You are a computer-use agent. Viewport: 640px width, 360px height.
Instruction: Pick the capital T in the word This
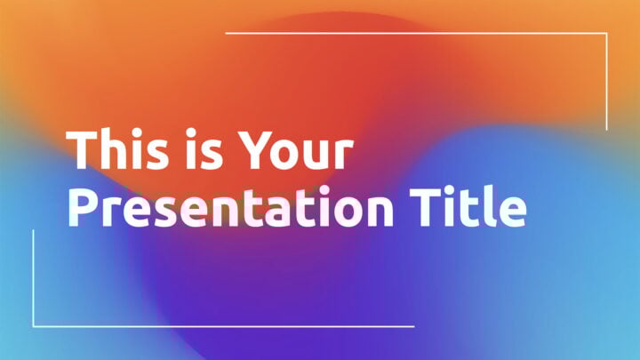pyautogui.click(x=84, y=151)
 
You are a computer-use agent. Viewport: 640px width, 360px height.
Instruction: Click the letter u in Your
pyautogui.click(x=313, y=156)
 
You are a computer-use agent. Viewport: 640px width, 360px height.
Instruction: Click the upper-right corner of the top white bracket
pyautogui.click(x=607, y=34)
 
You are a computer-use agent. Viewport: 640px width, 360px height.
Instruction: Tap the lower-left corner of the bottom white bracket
pyautogui.click(x=34, y=326)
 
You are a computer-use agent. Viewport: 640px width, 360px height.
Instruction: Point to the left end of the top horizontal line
pyautogui.click(x=227, y=34)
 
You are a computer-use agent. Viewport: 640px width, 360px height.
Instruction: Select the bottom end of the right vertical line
pyautogui.click(x=607, y=130)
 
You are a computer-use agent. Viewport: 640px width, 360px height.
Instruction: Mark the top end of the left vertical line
pyautogui.click(x=34, y=230)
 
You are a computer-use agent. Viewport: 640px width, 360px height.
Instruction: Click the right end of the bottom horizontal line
pyautogui.click(x=413, y=326)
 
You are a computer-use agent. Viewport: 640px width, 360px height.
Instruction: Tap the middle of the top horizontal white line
pyautogui.click(x=417, y=34)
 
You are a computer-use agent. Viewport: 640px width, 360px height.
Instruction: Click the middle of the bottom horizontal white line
pyautogui.click(x=223, y=326)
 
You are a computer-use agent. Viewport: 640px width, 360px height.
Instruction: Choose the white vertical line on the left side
pyautogui.click(x=34, y=278)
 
